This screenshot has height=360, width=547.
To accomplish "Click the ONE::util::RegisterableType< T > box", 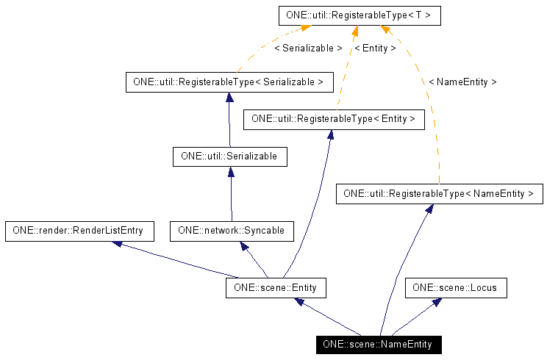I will coord(360,15).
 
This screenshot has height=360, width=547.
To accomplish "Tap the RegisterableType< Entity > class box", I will coord(334,118).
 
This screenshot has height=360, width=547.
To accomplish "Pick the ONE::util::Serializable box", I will coord(229,156).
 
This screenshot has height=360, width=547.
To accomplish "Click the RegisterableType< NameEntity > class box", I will coord(439,194).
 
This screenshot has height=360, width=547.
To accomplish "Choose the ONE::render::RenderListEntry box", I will coord(79,231).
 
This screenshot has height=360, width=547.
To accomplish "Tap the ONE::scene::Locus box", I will coord(455,288).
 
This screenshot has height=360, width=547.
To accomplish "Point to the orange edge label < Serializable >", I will coord(308,48).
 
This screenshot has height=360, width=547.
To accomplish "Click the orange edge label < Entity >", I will coord(375,48).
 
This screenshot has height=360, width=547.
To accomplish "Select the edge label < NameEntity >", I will coord(462,82).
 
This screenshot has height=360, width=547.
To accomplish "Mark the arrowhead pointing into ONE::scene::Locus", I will coord(437,302).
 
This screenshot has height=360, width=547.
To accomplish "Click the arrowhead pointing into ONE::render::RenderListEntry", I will coord(117,243).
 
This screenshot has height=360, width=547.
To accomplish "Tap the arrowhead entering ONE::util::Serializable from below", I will coord(231,170).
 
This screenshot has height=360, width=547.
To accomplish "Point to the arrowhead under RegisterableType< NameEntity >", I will coord(429,209).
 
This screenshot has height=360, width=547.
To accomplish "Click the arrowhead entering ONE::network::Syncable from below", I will coord(246,245).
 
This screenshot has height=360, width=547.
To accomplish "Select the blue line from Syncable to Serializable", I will coord(231,195).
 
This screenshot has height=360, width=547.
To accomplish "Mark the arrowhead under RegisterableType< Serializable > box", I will coord(229,96).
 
